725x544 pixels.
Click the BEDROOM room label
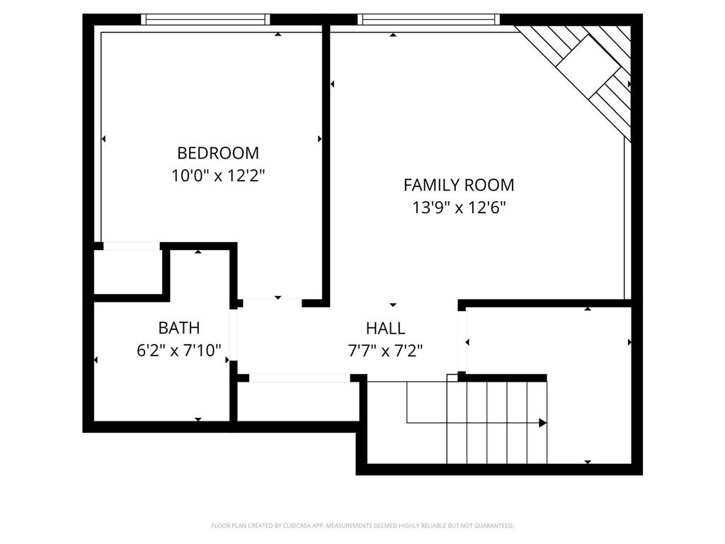click(x=218, y=153)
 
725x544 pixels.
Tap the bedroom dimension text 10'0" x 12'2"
click(x=218, y=176)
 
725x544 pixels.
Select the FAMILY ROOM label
click(x=459, y=186)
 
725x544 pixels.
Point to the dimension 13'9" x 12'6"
click(x=459, y=208)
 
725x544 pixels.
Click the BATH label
click(x=178, y=328)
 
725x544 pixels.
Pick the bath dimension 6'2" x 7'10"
click(x=179, y=350)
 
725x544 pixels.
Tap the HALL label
click(x=385, y=328)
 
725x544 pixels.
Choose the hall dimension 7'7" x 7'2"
click(x=386, y=350)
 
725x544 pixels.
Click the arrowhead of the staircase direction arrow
click(x=542, y=423)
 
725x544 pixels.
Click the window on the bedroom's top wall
click(x=205, y=19)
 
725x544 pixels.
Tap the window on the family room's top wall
click(x=428, y=19)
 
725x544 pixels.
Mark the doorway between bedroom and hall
click(x=273, y=303)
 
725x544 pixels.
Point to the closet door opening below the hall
click(x=299, y=378)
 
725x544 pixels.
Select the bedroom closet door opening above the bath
click(x=132, y=246)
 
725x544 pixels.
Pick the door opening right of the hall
click(x=462, y=341)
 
